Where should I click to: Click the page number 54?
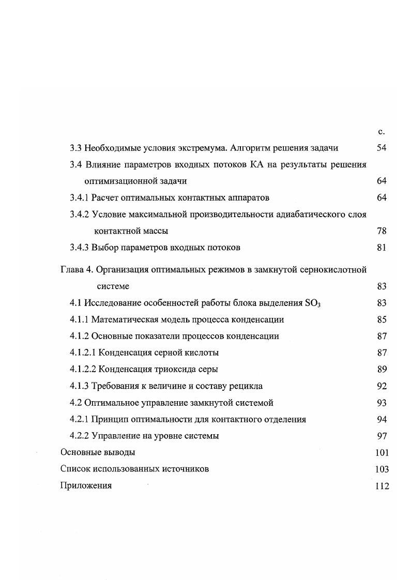click(x=382, y=148)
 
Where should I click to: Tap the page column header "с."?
click(x=382, y=132)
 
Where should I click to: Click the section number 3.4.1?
click(x=80, y=197)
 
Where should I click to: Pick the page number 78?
click(x=382, y=231)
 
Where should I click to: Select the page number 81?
click(x=382, y=248)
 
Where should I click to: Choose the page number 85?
click(x=382, y=319)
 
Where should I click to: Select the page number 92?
click(x=382, y=386)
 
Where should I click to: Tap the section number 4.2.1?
click(x=80, y=419)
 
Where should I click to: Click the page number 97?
click(x=382, y=436)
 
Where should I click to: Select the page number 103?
click(x=382, y=469)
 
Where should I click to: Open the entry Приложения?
click(x=86, y=485)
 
